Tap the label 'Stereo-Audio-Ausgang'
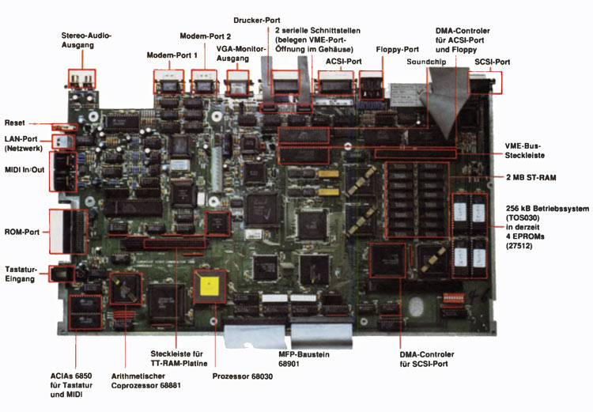click(87, 40)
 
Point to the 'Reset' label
click(15, 123)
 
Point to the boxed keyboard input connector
click(58, 274)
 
